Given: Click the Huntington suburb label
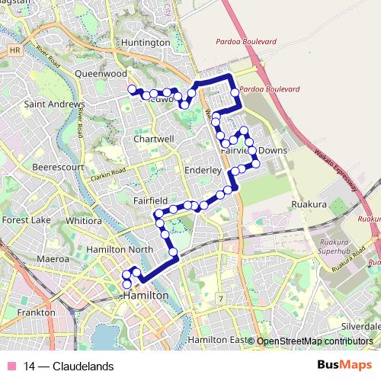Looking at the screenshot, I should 146,43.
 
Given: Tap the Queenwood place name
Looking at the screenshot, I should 101,74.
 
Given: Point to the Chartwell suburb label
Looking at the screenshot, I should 154,139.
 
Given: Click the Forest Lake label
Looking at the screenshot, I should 26,220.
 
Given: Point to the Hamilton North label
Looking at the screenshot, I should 120,249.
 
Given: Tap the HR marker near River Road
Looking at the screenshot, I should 14,50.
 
